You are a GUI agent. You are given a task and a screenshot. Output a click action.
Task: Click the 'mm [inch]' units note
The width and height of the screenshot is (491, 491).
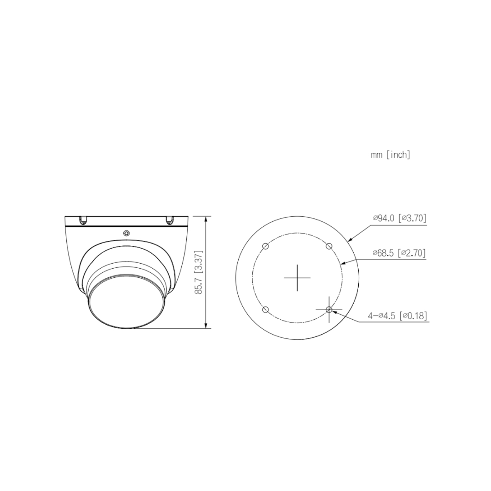point(391,155)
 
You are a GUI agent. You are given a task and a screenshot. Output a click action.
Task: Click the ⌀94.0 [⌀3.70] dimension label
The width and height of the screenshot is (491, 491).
point(399,218)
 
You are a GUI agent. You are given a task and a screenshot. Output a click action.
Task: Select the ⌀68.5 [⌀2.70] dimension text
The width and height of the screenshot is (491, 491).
point(399,253)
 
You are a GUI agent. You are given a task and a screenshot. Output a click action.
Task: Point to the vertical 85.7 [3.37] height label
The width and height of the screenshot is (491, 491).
point(199,272)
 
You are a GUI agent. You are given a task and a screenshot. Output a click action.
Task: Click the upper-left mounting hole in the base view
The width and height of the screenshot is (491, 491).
point(266,246)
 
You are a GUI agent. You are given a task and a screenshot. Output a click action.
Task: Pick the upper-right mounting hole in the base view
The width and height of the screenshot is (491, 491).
point(329,246)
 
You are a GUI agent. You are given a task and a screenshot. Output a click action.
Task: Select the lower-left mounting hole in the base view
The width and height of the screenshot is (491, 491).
point(266,310)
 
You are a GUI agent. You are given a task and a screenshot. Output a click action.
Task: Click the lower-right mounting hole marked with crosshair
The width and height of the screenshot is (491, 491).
point(329,310)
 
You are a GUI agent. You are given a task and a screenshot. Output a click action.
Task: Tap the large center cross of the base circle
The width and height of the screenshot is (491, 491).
point(297,277)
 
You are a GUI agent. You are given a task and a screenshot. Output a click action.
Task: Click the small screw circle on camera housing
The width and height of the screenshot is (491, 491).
point(126,233)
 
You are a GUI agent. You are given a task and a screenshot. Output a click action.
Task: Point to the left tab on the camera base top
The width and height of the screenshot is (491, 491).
point(84,220)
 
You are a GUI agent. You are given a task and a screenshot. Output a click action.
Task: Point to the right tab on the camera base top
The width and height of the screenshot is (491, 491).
point(170,220)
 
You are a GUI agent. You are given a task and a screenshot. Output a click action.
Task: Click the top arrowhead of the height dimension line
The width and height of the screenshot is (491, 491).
point(207,219)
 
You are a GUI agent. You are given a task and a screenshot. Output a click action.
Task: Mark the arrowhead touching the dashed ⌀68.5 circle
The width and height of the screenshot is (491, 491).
point(342,263)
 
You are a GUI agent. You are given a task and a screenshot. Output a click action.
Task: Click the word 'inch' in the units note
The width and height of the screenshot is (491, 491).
point(399,155)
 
